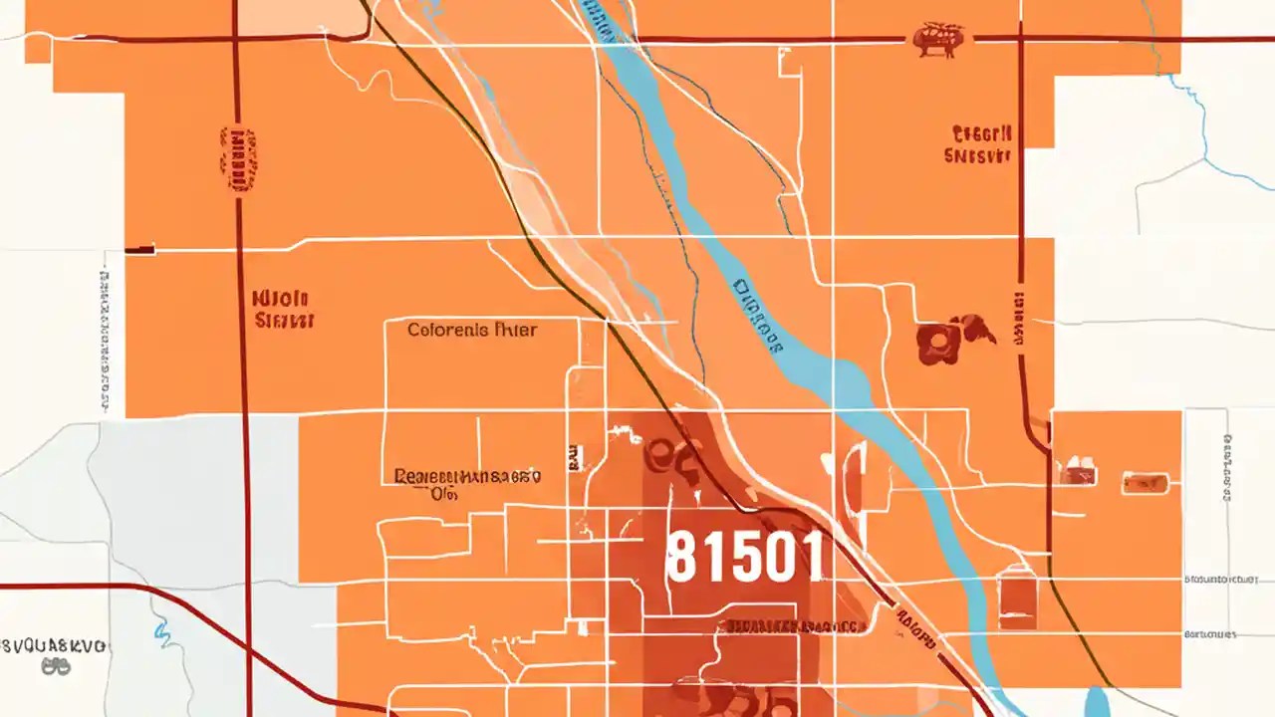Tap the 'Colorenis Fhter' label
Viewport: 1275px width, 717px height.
[473, 330]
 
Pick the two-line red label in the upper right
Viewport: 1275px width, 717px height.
[981, 144]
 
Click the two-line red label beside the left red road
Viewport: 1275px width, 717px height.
[283, 309]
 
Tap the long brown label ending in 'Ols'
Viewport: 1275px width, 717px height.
[466, 483]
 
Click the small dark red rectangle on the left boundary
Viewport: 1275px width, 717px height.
[139, 248]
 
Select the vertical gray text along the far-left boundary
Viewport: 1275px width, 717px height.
[105, 339]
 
